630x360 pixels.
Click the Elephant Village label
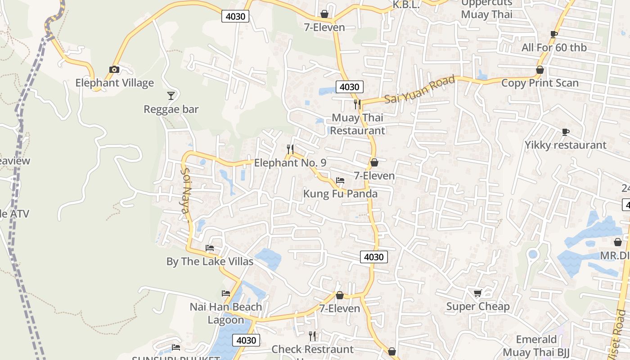point(114,83)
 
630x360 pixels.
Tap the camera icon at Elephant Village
point(114,69)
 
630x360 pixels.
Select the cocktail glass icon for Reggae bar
point(171,95)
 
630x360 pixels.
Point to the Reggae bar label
point(171,109)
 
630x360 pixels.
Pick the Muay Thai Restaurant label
point(358,124)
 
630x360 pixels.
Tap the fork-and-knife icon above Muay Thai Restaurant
point(357,104)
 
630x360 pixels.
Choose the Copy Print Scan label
point(540,83)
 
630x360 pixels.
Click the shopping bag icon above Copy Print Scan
point(540,70)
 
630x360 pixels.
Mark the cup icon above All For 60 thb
point(554,34)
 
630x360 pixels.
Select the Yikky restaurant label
point(565,145)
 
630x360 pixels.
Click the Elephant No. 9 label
point(290,162)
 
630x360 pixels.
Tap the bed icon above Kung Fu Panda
point(340,180)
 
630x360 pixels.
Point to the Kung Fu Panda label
point(340,193)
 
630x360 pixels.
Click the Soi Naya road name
point(186,193)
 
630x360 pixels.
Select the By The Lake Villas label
point(210,261)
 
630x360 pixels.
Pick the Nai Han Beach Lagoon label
point(225,313)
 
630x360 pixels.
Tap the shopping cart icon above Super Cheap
point(477,293)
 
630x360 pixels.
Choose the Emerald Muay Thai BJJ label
point(536,346)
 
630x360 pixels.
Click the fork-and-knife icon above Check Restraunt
point(312,336)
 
